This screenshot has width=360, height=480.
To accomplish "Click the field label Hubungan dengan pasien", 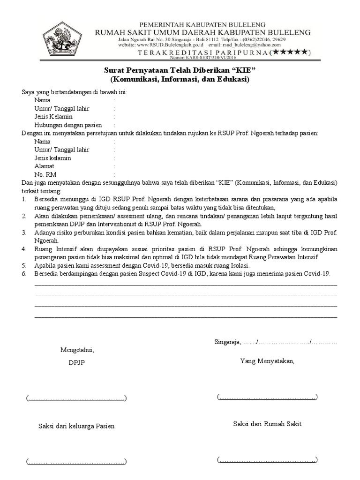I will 68,125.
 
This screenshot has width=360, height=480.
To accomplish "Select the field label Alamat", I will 44,166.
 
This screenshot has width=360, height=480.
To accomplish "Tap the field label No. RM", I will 45,174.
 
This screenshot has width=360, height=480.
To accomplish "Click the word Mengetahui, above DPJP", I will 77,350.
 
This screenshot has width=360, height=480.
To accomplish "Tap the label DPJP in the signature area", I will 77,362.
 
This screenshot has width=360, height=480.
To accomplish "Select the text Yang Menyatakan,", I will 267,361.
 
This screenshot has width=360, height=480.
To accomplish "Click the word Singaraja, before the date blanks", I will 227,341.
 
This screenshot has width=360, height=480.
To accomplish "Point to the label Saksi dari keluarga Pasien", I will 76,426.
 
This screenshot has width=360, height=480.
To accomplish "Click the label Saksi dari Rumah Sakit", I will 267,424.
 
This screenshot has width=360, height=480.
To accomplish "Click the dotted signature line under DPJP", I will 76,398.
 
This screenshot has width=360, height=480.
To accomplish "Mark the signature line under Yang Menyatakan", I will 267,397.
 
